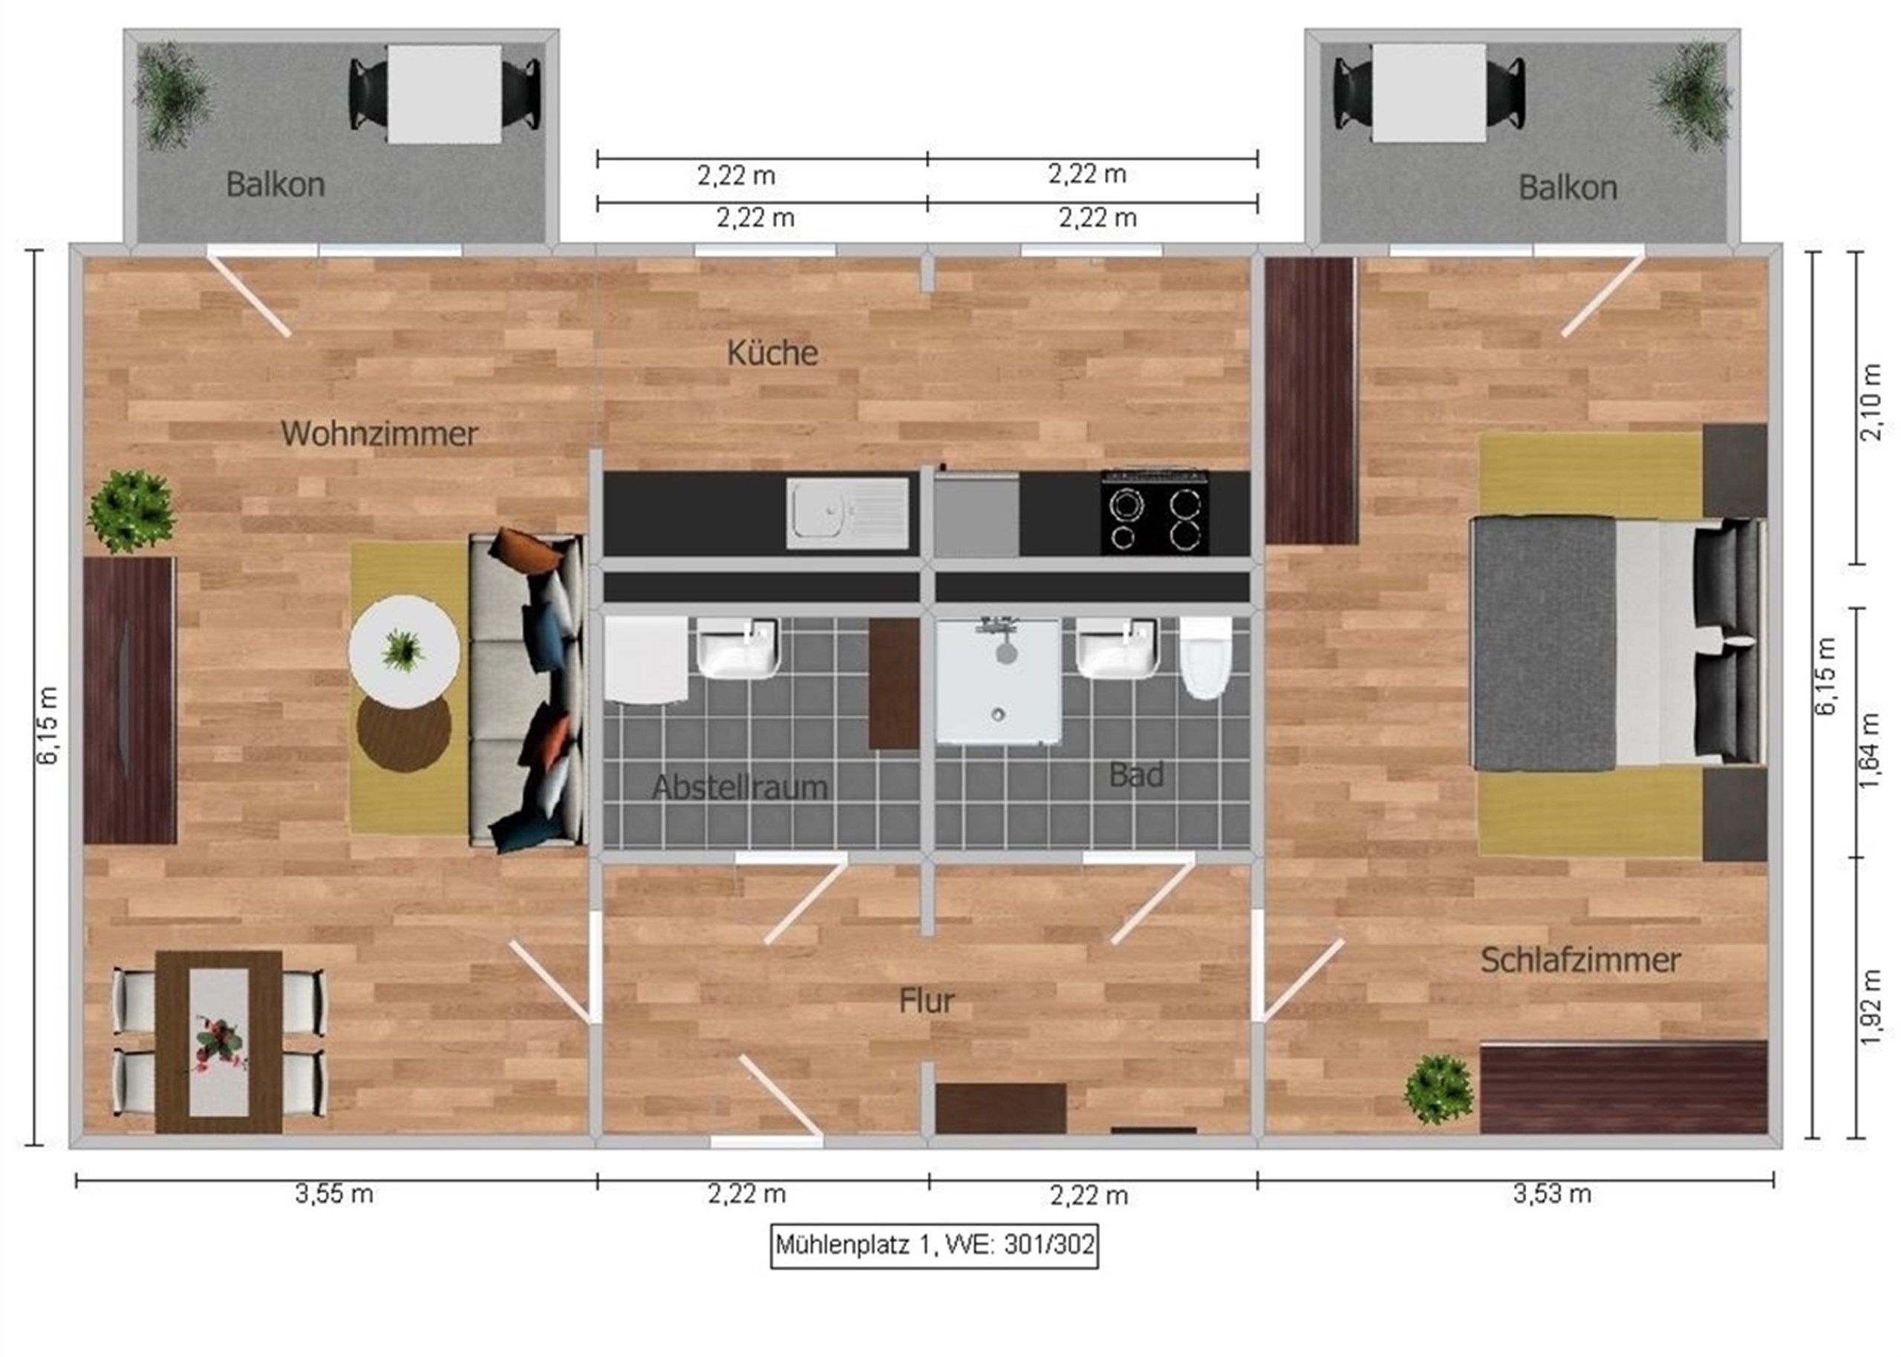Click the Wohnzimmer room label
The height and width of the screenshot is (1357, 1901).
379,434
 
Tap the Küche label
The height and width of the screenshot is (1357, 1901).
772,353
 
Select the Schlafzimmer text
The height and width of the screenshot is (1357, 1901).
1580,960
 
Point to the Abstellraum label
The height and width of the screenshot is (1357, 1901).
740,787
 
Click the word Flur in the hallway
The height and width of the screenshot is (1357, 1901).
926,1000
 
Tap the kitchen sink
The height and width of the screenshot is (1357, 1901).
847,513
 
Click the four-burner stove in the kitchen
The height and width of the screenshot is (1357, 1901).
1154,513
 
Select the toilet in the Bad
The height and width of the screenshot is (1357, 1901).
1206,658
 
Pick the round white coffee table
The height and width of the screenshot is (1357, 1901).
404,651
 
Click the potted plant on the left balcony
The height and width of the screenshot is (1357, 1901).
173,96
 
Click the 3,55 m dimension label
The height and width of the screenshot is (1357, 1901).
333,1194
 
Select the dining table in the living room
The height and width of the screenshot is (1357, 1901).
219,1042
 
